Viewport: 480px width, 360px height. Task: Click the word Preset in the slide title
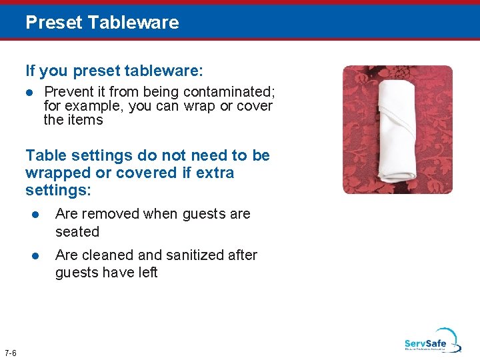tap(54, 23)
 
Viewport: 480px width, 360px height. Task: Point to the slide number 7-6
tap(11, 353)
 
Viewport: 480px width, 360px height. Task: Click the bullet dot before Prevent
tap(30, 92)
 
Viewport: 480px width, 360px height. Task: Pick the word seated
tap(77, 232)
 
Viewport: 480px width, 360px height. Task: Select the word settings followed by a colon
tap(54, 191)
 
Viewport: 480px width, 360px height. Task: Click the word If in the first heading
tap(30, 70)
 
